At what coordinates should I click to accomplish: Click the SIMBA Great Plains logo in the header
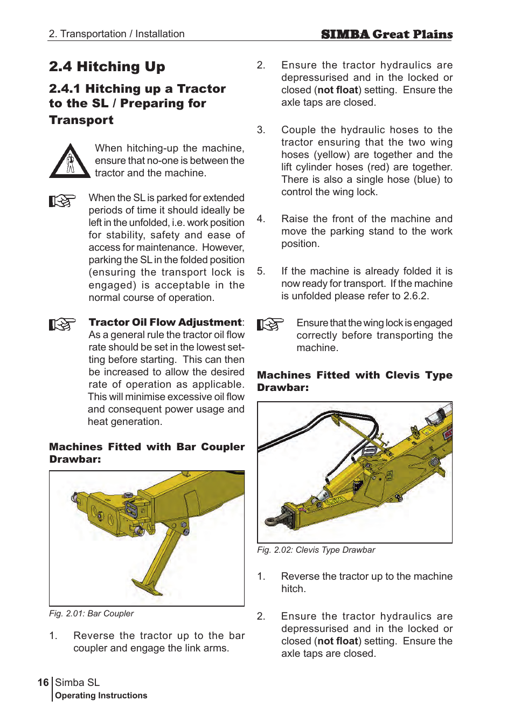386,35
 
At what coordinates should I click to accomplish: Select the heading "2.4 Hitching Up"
107,67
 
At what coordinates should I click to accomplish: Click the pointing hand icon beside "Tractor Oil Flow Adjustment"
62,324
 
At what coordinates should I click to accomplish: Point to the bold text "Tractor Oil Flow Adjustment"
165,322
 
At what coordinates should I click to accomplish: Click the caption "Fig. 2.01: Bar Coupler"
91,614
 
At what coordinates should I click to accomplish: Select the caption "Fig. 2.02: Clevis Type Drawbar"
316,550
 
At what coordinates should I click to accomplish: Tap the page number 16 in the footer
43,683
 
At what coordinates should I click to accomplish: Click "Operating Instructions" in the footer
101,696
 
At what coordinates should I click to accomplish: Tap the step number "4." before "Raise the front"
261,219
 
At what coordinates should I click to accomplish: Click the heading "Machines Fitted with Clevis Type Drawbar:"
354,381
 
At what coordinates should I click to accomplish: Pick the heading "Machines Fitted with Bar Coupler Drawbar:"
147,453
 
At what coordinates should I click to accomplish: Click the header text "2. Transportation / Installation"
116,34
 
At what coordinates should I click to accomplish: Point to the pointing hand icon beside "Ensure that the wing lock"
270,325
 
